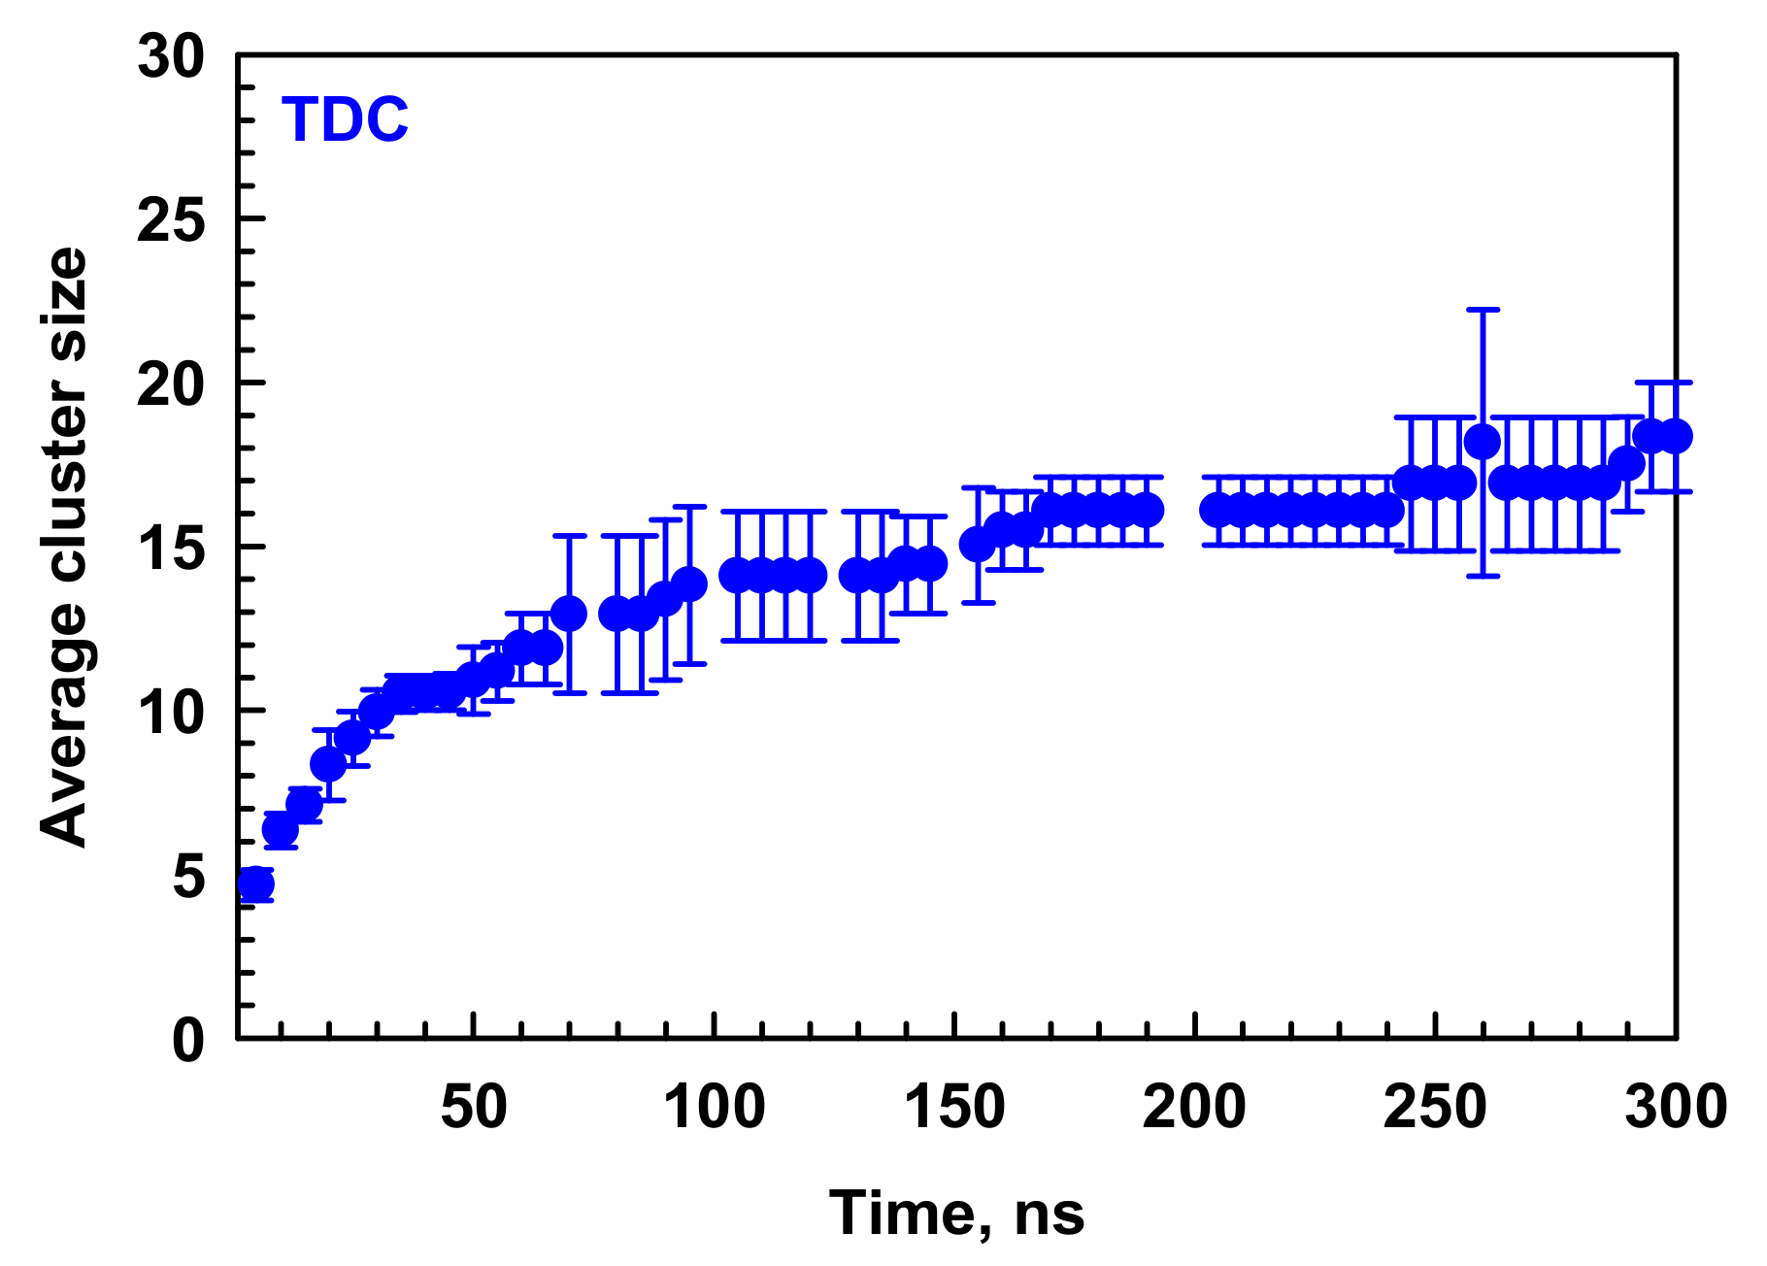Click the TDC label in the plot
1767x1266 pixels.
click(345, 120)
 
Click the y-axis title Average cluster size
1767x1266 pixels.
click(65, 548)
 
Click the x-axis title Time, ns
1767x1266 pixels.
click(956, 1213)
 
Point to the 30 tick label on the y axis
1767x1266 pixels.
click(172, 57)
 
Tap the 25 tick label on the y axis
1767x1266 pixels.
click(172, 220)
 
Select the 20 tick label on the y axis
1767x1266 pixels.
click(172, 384)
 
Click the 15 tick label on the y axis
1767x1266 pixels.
click(172, 549)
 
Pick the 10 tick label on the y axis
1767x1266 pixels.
click(172, 713)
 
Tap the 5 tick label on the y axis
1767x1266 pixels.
click(189, 877)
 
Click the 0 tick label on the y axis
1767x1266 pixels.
click(189, 1040)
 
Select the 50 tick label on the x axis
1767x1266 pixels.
click(473, 1107)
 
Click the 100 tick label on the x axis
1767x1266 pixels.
click(714, 1107)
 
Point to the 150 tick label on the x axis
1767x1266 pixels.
click(954, 1107)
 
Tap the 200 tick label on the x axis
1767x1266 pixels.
click(1194, 1107)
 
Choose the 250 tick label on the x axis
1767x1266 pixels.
click(1435, 1107)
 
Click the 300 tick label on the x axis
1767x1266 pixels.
click(1676, 1107)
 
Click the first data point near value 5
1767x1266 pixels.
click(256, 883)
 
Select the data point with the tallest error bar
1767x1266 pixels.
click(1483, 442)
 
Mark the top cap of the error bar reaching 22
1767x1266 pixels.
click(1483, 310)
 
